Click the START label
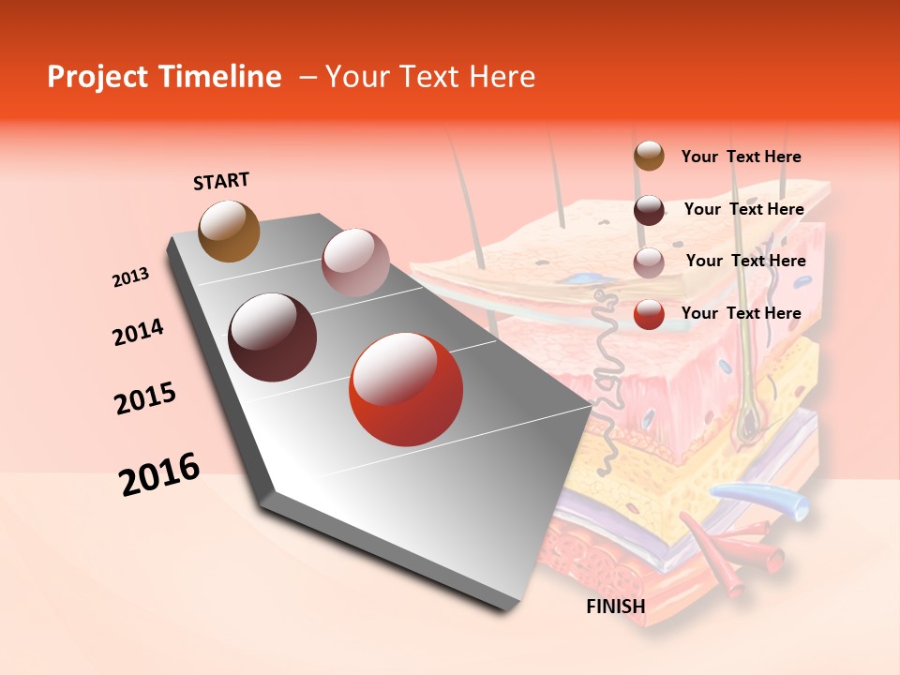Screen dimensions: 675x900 tap(221, 181)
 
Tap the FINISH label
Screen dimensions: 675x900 tap(616, 607)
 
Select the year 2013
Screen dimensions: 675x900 tap(130, 277)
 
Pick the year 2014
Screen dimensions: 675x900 tap(138, 332)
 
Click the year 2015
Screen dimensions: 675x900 tap(145, 398)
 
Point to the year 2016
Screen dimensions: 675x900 tap(159, 474)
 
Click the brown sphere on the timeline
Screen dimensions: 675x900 tap(229, 231)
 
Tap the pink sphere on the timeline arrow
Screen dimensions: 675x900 tap(354, 262)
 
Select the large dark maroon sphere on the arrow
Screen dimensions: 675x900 tap(272, 337)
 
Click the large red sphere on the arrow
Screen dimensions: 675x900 tap(406, 389)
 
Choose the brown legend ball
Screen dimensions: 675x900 tap(649, 156)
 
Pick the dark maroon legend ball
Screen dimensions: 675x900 tap(649, 210)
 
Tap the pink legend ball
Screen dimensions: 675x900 tap(649, 262)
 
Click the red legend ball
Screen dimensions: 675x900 tap(649, 314)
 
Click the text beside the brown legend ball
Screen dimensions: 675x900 tap(741, 157)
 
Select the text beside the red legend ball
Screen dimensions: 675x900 tap(741, 313)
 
